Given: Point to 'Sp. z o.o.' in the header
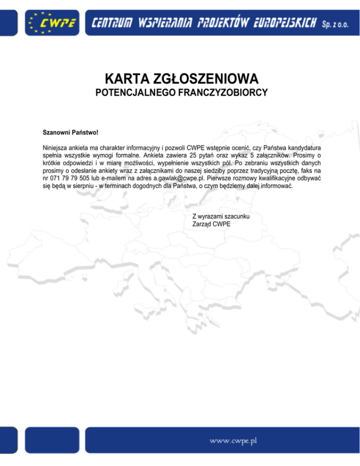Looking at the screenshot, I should click(335, 23).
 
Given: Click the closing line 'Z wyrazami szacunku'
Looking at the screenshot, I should click(221, 217).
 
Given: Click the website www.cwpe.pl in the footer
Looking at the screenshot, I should click(234, 441).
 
